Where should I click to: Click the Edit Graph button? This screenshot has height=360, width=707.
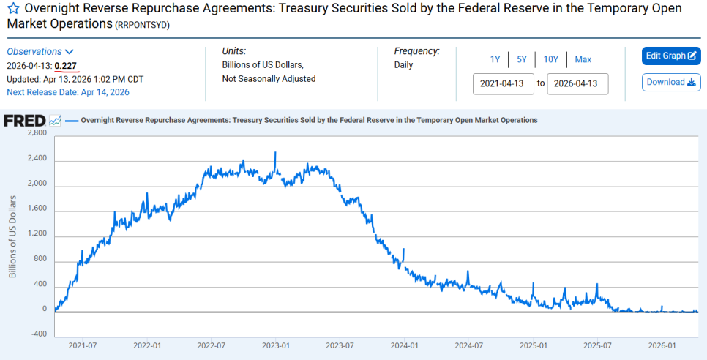(671, 56)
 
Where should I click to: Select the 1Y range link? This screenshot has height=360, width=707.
(495, 59)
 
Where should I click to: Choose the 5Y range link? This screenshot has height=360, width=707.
(522, 59)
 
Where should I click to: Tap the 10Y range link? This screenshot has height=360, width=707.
(550, 59)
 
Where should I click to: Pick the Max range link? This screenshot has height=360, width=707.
(583, 59)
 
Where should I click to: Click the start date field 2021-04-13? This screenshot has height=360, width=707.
(504, 84)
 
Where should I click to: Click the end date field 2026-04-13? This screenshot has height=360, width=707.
(577, 84)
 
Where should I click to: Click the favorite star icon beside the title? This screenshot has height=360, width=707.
(13, 9)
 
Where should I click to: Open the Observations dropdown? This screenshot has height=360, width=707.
(40, 52)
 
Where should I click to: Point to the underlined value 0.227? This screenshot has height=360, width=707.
(66, 67)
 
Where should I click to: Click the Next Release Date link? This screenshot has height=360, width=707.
(68, 92)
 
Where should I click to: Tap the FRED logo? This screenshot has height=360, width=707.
(25, 121)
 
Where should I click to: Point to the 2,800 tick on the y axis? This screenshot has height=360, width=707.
(37, 133)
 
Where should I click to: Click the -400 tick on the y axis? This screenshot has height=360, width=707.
(38, 334)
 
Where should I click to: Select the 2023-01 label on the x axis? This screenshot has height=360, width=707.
(275, 346)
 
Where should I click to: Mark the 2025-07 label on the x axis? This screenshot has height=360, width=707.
(597, 346)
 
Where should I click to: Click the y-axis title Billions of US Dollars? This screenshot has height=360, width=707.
(12, 236)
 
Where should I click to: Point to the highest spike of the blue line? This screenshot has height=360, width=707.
(275, 153)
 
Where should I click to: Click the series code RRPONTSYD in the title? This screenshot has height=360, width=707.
(143, 26)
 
